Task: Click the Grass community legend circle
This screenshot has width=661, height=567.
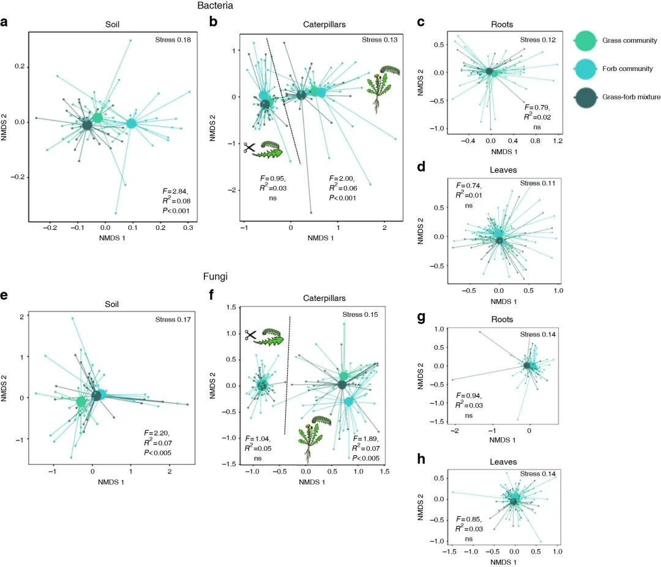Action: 585,40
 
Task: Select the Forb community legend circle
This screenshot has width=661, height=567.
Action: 585,69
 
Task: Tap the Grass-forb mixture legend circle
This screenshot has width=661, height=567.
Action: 585,98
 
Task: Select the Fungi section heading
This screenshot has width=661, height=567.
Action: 217,276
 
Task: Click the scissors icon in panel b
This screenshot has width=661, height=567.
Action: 249,147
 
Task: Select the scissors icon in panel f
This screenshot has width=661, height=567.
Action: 250,335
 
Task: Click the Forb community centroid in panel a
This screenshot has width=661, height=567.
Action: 131,123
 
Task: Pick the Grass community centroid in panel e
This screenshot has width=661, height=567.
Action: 81,402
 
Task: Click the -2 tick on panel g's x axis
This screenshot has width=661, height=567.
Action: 454,431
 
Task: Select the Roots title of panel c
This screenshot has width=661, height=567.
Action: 501,24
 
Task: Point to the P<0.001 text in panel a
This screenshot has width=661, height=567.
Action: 175,211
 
